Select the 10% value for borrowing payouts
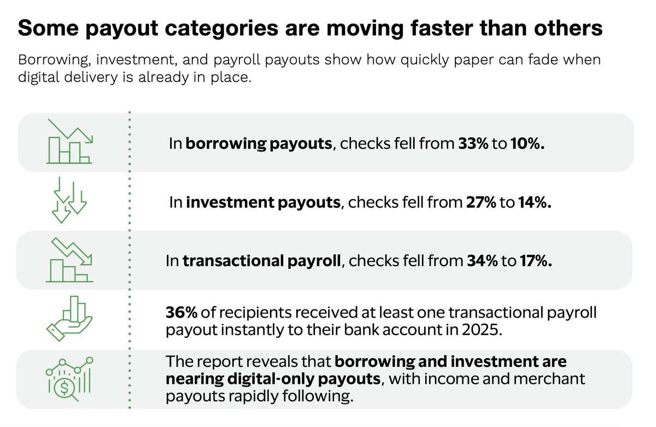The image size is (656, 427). coord(529,144)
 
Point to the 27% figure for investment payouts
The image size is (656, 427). coord(481,203)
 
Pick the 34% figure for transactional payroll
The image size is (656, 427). coord(482,261)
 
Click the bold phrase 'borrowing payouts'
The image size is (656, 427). coord(259,144)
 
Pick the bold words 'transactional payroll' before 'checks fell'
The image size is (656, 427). coord(262,261)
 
